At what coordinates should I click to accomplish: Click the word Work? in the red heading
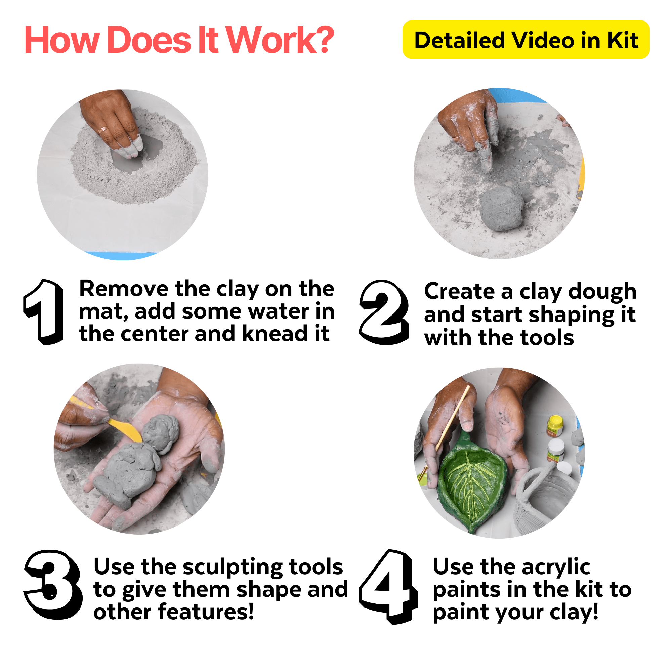point(280,40)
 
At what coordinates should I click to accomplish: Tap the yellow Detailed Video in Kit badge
point(526,40)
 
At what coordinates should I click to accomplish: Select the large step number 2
point(384,312)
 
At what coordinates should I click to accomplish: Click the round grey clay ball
point(501,209)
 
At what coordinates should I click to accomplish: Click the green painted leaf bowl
point(471,485)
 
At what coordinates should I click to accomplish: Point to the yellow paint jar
point(554,425)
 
